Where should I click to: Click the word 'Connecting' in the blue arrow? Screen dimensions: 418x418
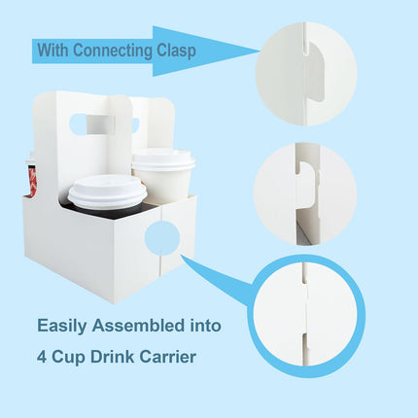(116, 50)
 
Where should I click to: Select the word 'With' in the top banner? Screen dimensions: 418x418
(56, 50)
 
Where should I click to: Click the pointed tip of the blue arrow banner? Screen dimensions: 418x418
(256, 49)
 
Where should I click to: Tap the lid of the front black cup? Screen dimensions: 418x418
(107, 191)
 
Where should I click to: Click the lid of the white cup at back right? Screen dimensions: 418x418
(162, 159)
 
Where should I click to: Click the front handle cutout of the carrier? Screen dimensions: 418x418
(100, 124)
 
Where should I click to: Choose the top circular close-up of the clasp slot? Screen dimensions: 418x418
(306, 73)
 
